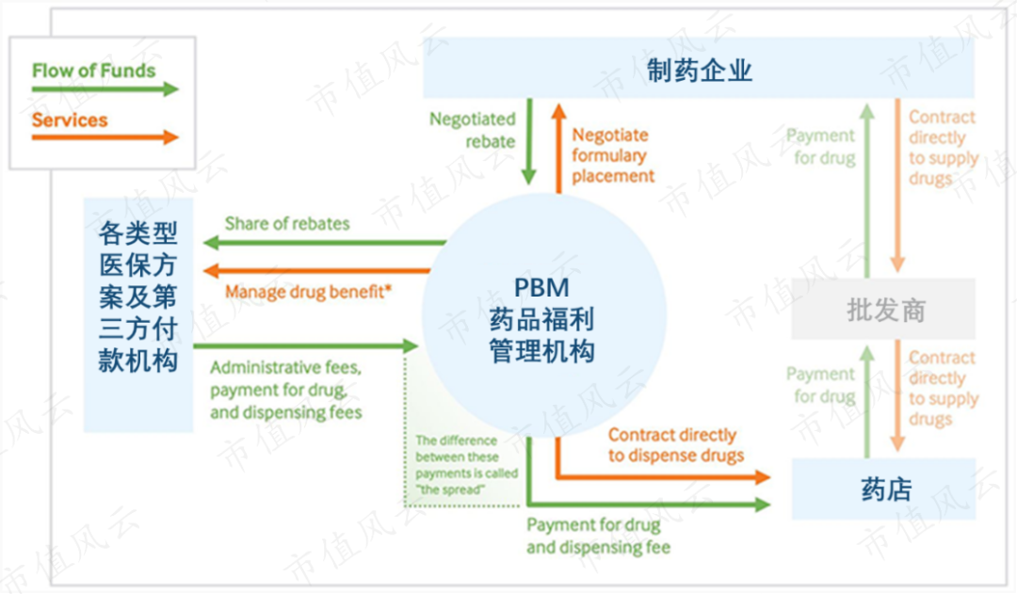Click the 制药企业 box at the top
[699, 68]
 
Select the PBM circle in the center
[543, 315]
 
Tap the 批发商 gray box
[883, 310]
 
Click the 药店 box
[883, 489]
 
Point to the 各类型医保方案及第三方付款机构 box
[138, 315]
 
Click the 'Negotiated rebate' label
[472, 130]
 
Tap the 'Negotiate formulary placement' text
[613, 155]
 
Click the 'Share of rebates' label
[286, 224]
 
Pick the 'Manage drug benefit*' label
[308, 292]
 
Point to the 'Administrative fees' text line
[285, 368]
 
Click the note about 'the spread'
[466, 465]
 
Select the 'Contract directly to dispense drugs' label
[675, 445]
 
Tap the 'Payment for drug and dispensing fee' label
[598, 536]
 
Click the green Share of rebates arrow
[324, 243]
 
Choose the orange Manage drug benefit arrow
[316, 270]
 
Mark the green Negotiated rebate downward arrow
[529, 141]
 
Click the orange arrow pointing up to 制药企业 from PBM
[558, 148]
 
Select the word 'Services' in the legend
[70, 120]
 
